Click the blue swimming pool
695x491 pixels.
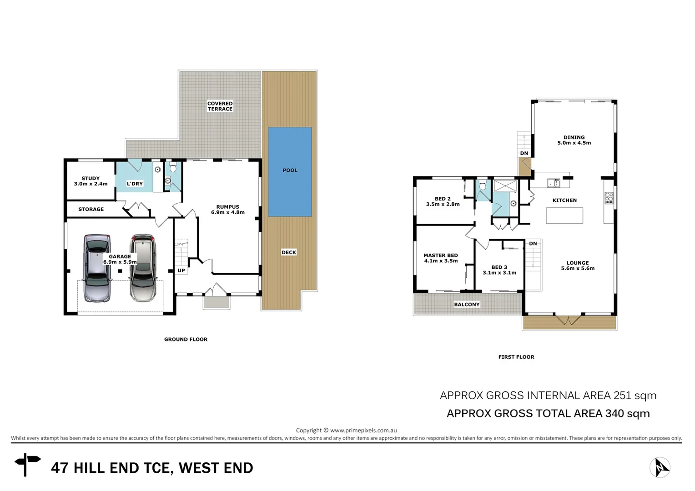pyautogui.click(x=290, y=172)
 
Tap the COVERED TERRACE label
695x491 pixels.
pyautogui.click(x=220, y=106)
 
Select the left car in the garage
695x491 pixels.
pyautogui.click(x=97, y=268)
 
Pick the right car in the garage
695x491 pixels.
pyautogui.click(x=143, y=268)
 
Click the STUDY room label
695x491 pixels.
pyautogui.click(x=91, y=179)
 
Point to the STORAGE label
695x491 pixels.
pyautogui.click(x=91, y=209)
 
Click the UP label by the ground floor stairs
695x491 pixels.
pyautogui.click(x=181, y=271)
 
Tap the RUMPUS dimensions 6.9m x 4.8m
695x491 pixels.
pyautogui.click(x=228, y=212)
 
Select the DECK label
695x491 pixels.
pyautogui.click(x=289, y=252)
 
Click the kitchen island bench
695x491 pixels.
pyautogui.click(x=564, y=215)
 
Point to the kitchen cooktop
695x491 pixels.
pyautogui.click(x=609, y=198)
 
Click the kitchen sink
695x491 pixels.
pyautogui.click(x=554, y=183)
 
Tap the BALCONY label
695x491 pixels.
pyautogui.click(x=467, y=305)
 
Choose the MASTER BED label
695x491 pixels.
pyautogui.click(x=441, y=256)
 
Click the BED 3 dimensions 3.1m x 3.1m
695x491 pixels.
pyautogui.click(x=499, y=273)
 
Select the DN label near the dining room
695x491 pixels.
pyautogui.click(x=524, y=153)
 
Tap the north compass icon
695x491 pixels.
pyautogui.click(x=660, y=467)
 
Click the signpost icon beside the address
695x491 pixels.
pyautogui.click(x=27, y=464)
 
